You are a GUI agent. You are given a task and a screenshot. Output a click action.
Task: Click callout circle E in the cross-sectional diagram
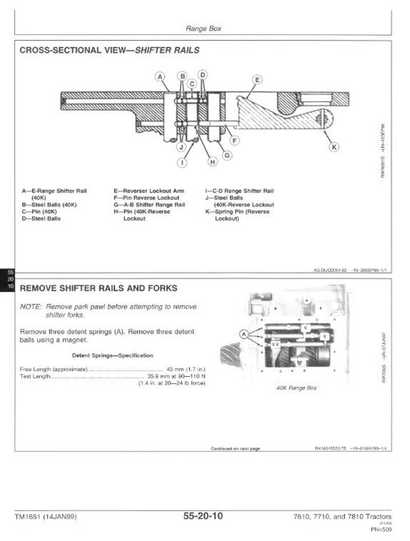point(257,79)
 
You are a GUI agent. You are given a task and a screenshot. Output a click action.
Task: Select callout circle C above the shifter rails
point(192,84)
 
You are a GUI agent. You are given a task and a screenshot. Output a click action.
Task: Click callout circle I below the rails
point(182,163)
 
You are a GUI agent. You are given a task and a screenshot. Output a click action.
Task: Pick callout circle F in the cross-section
point(235,140)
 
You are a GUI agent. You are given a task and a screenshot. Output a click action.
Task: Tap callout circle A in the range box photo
point(244,334)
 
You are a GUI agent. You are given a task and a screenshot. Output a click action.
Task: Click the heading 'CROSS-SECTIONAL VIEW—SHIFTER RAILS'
point(109,50)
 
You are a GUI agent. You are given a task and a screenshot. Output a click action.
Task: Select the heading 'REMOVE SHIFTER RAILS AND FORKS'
point(98,288)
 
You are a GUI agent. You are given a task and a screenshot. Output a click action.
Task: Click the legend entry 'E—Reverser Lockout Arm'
point(149,191)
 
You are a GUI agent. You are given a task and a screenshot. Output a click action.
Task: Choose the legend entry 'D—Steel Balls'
point(41,219)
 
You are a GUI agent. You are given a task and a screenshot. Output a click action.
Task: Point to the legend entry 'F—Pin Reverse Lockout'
point(147,198)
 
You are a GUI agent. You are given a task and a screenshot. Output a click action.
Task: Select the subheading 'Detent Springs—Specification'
point(112,356)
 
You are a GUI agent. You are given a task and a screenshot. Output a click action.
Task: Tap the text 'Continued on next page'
point(235,449)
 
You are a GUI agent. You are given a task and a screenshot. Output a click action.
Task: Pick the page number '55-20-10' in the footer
point(203,516)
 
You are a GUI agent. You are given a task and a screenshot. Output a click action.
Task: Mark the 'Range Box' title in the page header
point(203,29)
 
